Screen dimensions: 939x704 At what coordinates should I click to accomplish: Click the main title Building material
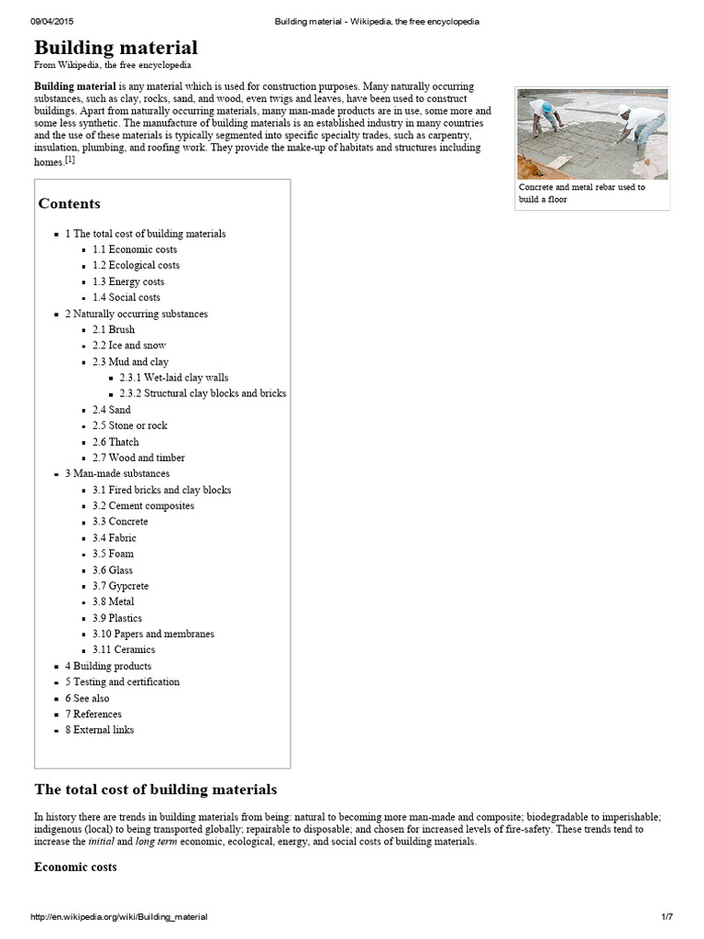[115, 48]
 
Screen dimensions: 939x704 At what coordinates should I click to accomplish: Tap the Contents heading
[70, 204]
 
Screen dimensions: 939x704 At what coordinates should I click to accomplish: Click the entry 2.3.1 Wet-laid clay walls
[173, 377]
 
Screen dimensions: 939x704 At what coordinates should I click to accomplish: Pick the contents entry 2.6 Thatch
[115, 441]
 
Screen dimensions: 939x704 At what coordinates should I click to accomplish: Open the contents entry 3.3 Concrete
[120, 521]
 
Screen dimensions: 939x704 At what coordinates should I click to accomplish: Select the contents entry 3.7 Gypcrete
[120, 585]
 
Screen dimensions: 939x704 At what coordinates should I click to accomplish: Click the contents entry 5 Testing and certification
[122, 681]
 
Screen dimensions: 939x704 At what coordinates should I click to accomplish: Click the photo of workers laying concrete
[591, 131]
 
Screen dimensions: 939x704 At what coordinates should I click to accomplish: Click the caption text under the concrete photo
[581, 193]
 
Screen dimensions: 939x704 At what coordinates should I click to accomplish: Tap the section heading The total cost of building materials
[155, 790]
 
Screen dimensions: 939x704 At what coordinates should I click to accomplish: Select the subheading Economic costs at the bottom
[75, 867]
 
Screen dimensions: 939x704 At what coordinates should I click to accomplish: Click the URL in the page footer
[119, 917]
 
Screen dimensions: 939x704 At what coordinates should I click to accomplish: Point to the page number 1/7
[666, 917]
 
